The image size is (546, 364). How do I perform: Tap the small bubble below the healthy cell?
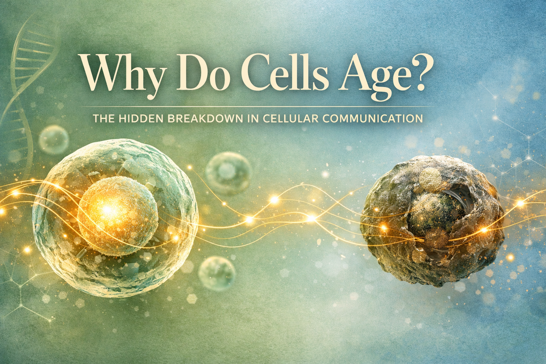pos(217,273)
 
